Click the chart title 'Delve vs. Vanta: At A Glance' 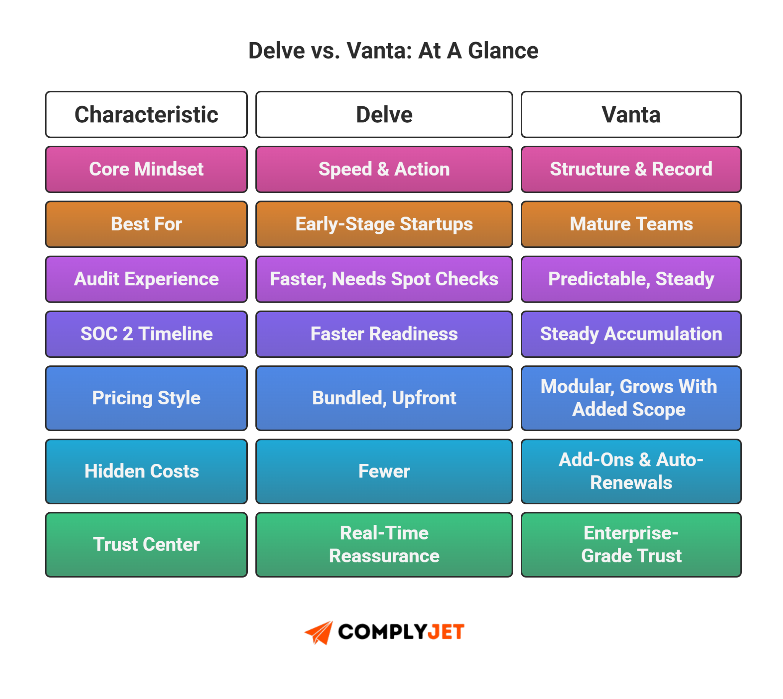(x=393, y=51)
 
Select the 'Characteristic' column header (x=146, y=114)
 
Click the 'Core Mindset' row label (x=146, y=169)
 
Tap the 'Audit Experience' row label (x=146, y=279)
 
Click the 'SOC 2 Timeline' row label (x=146, y=334)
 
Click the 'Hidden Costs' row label (x=146, y=471)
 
